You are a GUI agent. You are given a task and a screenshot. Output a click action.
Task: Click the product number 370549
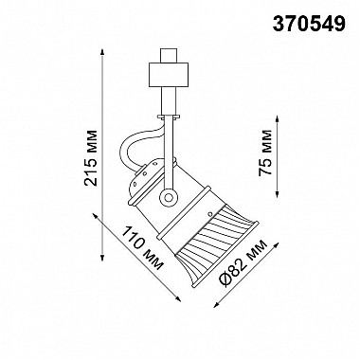click(309, 24)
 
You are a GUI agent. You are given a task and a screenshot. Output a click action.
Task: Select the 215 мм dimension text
click(92, 158)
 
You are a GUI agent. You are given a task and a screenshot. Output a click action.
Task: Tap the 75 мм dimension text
click(265, 153)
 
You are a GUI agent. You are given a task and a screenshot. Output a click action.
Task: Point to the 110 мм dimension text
click(143, 248)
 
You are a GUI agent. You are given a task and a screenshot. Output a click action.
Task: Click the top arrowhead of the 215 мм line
click(102, 52)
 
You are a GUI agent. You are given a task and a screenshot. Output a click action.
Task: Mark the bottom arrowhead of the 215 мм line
click(102, 257)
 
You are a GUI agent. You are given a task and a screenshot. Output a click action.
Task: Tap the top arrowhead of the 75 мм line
click(278, 119)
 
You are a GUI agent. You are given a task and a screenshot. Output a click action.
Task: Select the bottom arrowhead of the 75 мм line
click(278, 194)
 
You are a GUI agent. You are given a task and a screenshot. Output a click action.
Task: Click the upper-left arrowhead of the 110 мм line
click(96, 216)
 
